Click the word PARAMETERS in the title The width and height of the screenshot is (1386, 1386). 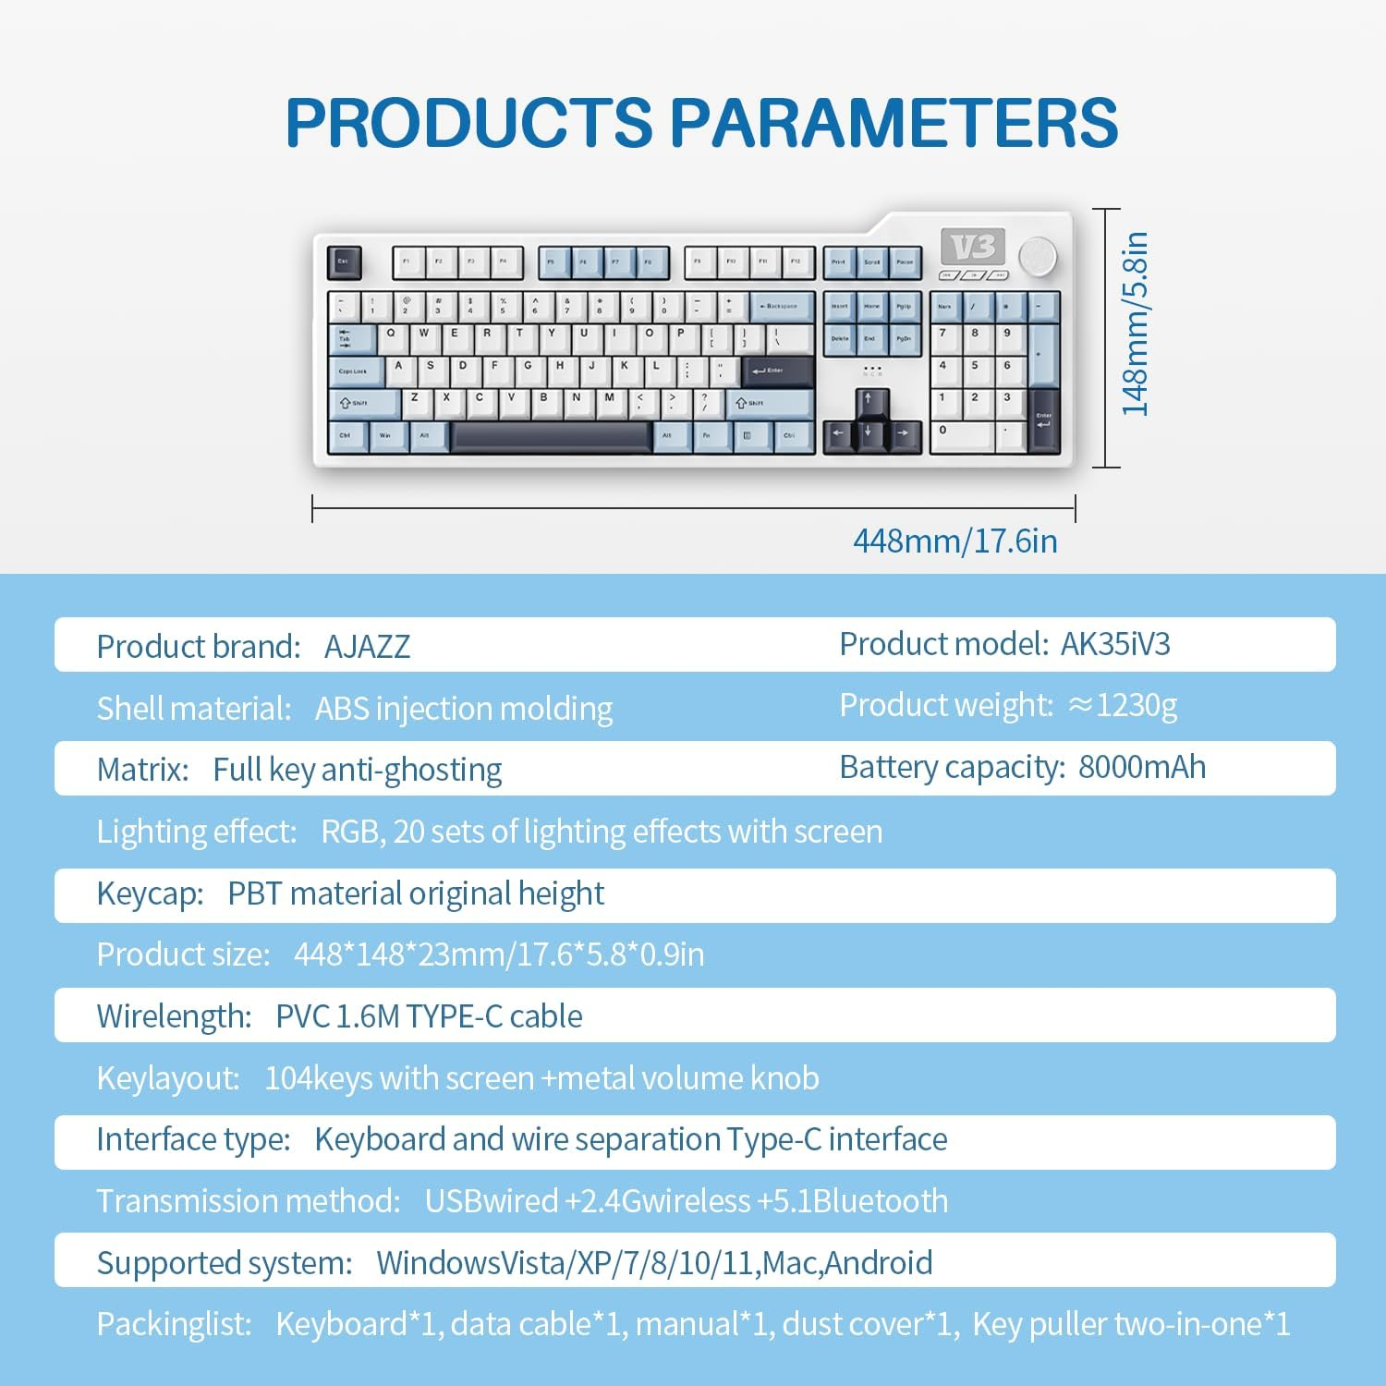(x=893, y=123)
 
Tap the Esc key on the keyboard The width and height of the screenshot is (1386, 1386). (x=344, y=262)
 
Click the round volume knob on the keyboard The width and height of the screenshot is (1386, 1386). (x=1037, y=255)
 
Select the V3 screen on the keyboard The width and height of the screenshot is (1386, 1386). (x=973, y=247)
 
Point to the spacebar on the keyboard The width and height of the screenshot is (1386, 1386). (x=551, y=435)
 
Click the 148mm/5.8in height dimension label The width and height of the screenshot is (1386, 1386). (x=1135, y=323)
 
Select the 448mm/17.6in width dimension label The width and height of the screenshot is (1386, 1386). (x=954, y=541)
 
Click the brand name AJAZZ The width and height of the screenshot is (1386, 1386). (x=367, y=647)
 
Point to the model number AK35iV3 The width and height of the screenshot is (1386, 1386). (x=1115, y=644)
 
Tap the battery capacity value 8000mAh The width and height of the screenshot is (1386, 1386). (x=1142, y=767)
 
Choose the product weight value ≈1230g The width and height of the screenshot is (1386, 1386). (x=1123, y=705)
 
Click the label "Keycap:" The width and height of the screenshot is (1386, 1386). (x=150, y=894)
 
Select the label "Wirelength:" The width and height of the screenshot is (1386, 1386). (x=174, y=1016)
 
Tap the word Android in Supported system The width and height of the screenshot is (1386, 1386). (x=878, y=1263)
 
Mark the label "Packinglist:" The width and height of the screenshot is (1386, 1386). (x=174, y=1324)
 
